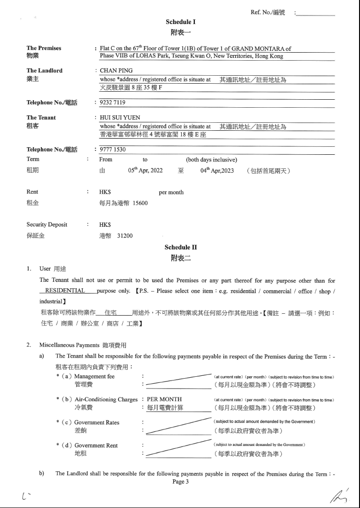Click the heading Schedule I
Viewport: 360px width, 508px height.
coord(180,22)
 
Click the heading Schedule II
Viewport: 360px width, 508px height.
coord(180,247)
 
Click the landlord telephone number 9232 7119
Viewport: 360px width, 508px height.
coord(112,102)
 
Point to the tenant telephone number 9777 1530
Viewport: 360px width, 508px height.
coord(112,149)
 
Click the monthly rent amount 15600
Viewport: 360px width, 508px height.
coord(140,203)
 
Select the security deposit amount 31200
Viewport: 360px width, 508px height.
coord(125,236)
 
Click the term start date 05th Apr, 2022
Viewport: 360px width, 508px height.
coord(145,171)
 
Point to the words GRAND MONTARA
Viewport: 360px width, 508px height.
coord(262,48)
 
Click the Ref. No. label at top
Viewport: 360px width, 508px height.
coord(268,13)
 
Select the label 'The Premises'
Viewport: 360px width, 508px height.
coord(44,48)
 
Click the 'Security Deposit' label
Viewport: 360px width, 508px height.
coord(47,225)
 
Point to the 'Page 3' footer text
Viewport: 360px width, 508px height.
coord(180,481)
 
